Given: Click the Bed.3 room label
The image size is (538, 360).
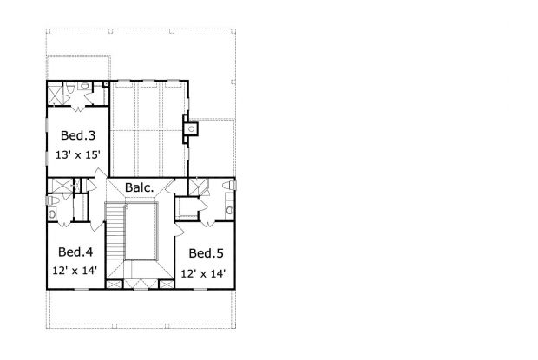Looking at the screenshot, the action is coord(78,135).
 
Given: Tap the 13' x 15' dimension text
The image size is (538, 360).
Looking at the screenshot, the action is coord(78,155).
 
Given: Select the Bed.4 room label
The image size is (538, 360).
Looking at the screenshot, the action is coord(75,252).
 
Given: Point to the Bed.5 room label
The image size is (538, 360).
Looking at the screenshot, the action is coord(206,253).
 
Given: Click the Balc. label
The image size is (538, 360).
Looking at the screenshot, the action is coord(139,187).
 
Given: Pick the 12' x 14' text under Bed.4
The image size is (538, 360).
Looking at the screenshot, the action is coord(75,271).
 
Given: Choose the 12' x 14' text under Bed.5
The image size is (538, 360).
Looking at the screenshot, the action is coord(203,273).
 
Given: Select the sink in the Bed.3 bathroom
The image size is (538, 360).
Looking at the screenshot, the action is coord(84,85).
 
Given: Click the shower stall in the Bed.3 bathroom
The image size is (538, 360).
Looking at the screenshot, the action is coord(54,93).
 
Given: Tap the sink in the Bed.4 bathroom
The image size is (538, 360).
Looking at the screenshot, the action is coord(52,214).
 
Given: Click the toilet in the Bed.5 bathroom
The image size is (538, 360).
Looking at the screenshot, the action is coord(229,186).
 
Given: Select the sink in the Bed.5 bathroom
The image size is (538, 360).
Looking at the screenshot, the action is coord(230,209).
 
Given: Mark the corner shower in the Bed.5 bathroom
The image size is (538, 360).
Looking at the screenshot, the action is coord(199,187).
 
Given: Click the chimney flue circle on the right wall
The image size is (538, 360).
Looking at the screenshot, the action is coord(192,129).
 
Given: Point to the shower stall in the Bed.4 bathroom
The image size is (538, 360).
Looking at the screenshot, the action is coord(60,186).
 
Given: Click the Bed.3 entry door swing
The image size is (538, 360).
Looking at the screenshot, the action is coord(101,177).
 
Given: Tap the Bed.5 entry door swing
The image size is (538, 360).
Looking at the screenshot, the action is coord(179,229).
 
